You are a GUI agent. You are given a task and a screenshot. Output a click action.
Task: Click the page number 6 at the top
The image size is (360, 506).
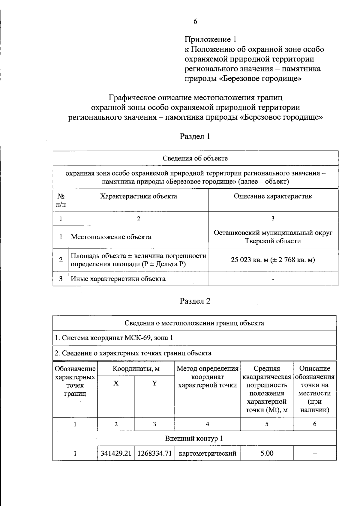(195, 22)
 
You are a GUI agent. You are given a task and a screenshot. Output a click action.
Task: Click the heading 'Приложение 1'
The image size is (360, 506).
(210, 39)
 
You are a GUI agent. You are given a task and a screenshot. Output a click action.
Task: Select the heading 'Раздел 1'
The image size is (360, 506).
(195, 136)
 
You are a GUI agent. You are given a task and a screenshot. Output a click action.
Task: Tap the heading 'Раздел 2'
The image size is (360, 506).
(195, 301)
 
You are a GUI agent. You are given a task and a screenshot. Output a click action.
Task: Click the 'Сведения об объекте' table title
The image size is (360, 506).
(195, 158)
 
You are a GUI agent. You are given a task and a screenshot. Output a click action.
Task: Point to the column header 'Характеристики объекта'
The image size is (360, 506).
(138, 196)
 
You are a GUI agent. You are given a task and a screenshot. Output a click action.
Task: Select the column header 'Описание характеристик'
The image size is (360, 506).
(273, 196)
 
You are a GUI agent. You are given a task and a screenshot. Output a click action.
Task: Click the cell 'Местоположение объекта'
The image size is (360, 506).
(111, 237)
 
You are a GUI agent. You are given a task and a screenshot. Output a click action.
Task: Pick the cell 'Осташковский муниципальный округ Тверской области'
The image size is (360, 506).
(273, 237)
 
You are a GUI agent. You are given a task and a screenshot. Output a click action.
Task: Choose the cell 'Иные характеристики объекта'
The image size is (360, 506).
(118, 279)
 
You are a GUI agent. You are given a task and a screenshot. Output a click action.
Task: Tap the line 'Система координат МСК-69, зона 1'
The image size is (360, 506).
(114, 338)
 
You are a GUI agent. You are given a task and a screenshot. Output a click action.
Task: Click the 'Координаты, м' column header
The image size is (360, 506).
(136, 369)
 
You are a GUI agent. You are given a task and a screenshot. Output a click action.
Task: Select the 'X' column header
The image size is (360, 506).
(116, 383)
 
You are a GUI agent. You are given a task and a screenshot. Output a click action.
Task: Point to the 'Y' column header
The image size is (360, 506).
(154, 383)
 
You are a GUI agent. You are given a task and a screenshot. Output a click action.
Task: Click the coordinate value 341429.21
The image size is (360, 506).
(116, 453)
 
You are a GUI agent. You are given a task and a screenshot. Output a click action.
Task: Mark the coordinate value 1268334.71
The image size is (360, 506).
(154, 453)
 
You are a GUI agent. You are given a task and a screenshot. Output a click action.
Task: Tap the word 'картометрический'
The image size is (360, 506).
(207, 453)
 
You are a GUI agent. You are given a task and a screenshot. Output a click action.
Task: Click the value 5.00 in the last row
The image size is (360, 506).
(267, 453)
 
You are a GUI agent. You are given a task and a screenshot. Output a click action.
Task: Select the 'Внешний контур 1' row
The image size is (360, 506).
(194, 439)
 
